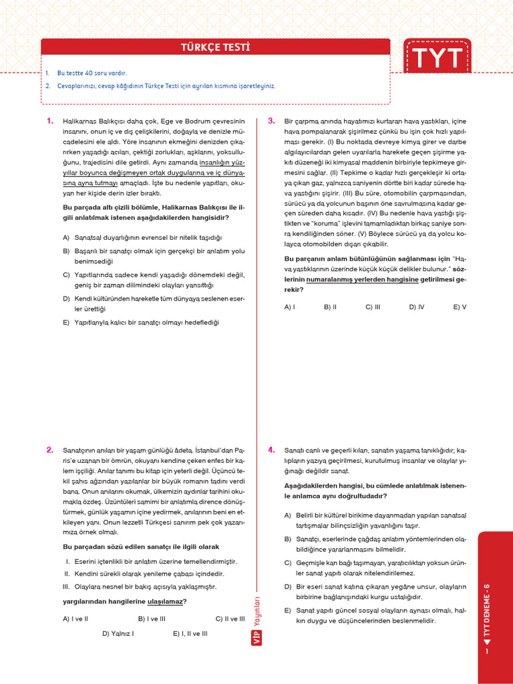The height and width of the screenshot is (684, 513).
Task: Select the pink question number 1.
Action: (49, 121)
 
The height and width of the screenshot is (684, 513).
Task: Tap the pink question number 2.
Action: (49, 450)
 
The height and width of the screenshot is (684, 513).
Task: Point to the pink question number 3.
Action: (271, 121)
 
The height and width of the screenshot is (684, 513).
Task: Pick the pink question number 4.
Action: (271, 450)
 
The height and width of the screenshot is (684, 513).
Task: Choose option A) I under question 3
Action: (290, 307)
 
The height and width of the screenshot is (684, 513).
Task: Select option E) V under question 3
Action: (460, 307)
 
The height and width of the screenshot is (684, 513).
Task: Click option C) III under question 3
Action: (373, 307)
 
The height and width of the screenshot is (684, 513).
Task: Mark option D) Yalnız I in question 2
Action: (118, 633)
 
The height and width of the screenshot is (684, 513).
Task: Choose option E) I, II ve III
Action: (190, 633)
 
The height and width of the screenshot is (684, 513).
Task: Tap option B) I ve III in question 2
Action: (152, 619)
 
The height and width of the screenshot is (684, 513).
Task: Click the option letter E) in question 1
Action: (66, 321)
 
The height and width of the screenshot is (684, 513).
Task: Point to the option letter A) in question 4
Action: (288, 515)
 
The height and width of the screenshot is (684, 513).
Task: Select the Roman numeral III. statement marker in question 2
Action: (67, 586)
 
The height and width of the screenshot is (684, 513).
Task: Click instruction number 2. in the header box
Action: (49, 85)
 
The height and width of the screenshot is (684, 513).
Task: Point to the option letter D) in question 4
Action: (288, 586)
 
